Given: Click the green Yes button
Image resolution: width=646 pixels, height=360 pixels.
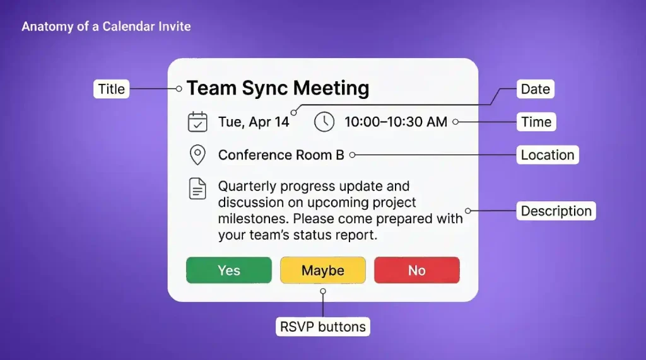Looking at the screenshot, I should click(x=228, y=270).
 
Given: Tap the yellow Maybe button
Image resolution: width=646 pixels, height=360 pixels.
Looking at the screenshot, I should click(x=322, y=270).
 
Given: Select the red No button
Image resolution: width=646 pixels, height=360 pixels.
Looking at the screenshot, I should click(x=416, y=270).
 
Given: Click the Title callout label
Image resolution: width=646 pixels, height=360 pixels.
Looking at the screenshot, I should click(x=112, y=89).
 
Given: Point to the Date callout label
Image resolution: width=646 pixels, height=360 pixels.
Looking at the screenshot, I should click(x=535, y=89).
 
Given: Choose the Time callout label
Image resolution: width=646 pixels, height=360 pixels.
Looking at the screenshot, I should click(x=536, y=122).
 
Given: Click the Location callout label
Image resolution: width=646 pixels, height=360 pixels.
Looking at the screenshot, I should click(x=547, y=155).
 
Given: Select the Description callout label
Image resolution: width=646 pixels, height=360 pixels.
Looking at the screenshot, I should click(x=556, y=211).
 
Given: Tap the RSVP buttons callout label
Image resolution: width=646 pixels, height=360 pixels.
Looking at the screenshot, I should click(x=323, y=327).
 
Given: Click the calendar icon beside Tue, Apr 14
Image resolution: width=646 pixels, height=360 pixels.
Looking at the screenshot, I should click(x=197, y=122).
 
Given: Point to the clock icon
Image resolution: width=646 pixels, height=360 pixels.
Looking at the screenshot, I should click(x=324, y=122).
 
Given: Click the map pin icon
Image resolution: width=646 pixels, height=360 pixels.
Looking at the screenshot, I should click(x=197, y=155).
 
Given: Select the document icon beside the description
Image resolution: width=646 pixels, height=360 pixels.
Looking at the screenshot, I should click(x=197, y=189).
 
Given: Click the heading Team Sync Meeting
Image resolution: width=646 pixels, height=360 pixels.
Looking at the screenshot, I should click(x=278, y=88).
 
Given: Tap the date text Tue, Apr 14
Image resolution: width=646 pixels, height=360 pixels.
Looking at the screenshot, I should click(x=254, y=122).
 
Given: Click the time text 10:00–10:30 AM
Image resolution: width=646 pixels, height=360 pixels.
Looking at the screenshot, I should click(x=396, y=122).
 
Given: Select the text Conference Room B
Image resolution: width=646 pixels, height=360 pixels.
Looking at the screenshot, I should click(x=281, y=155).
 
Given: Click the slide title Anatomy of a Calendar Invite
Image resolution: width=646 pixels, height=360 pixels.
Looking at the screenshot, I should click(x=106, y=26).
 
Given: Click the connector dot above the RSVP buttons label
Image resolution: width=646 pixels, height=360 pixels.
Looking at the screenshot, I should click(x=323, y=291).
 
